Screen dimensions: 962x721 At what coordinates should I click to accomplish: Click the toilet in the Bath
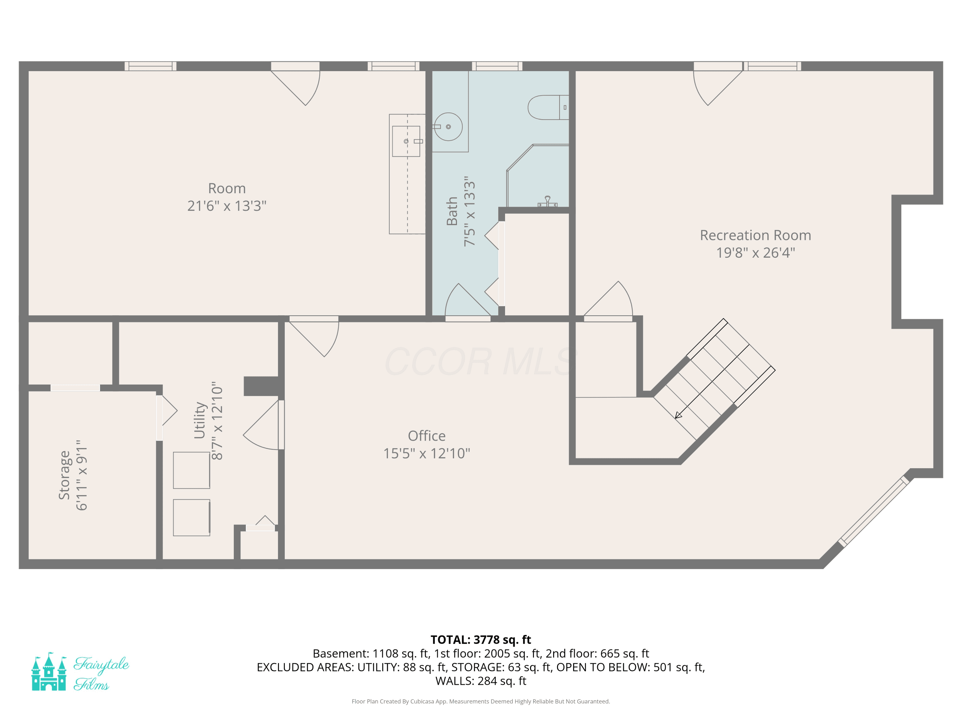tap(548, 107)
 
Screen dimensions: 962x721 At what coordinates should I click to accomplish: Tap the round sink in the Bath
tap(448, 127)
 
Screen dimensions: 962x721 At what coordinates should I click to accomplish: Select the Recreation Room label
tap(755, 235)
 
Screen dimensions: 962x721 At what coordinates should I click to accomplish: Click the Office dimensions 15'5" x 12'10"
tap(426, 453)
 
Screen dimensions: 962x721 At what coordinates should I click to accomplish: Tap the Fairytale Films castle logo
tap(49, 671)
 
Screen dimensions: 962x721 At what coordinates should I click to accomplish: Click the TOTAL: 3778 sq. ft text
tap(481, 640)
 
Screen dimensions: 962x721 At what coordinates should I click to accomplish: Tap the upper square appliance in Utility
tap(191, 470)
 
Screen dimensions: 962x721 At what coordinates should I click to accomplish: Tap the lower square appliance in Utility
tap(191, 518)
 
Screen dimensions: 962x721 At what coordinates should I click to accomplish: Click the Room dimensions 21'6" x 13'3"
tap(227, 206)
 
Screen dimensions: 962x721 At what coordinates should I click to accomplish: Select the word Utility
tap(199, 420)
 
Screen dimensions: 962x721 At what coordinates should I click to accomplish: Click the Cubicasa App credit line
tap(481, 701)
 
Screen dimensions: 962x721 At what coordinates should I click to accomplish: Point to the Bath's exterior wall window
tap(497, 66)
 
